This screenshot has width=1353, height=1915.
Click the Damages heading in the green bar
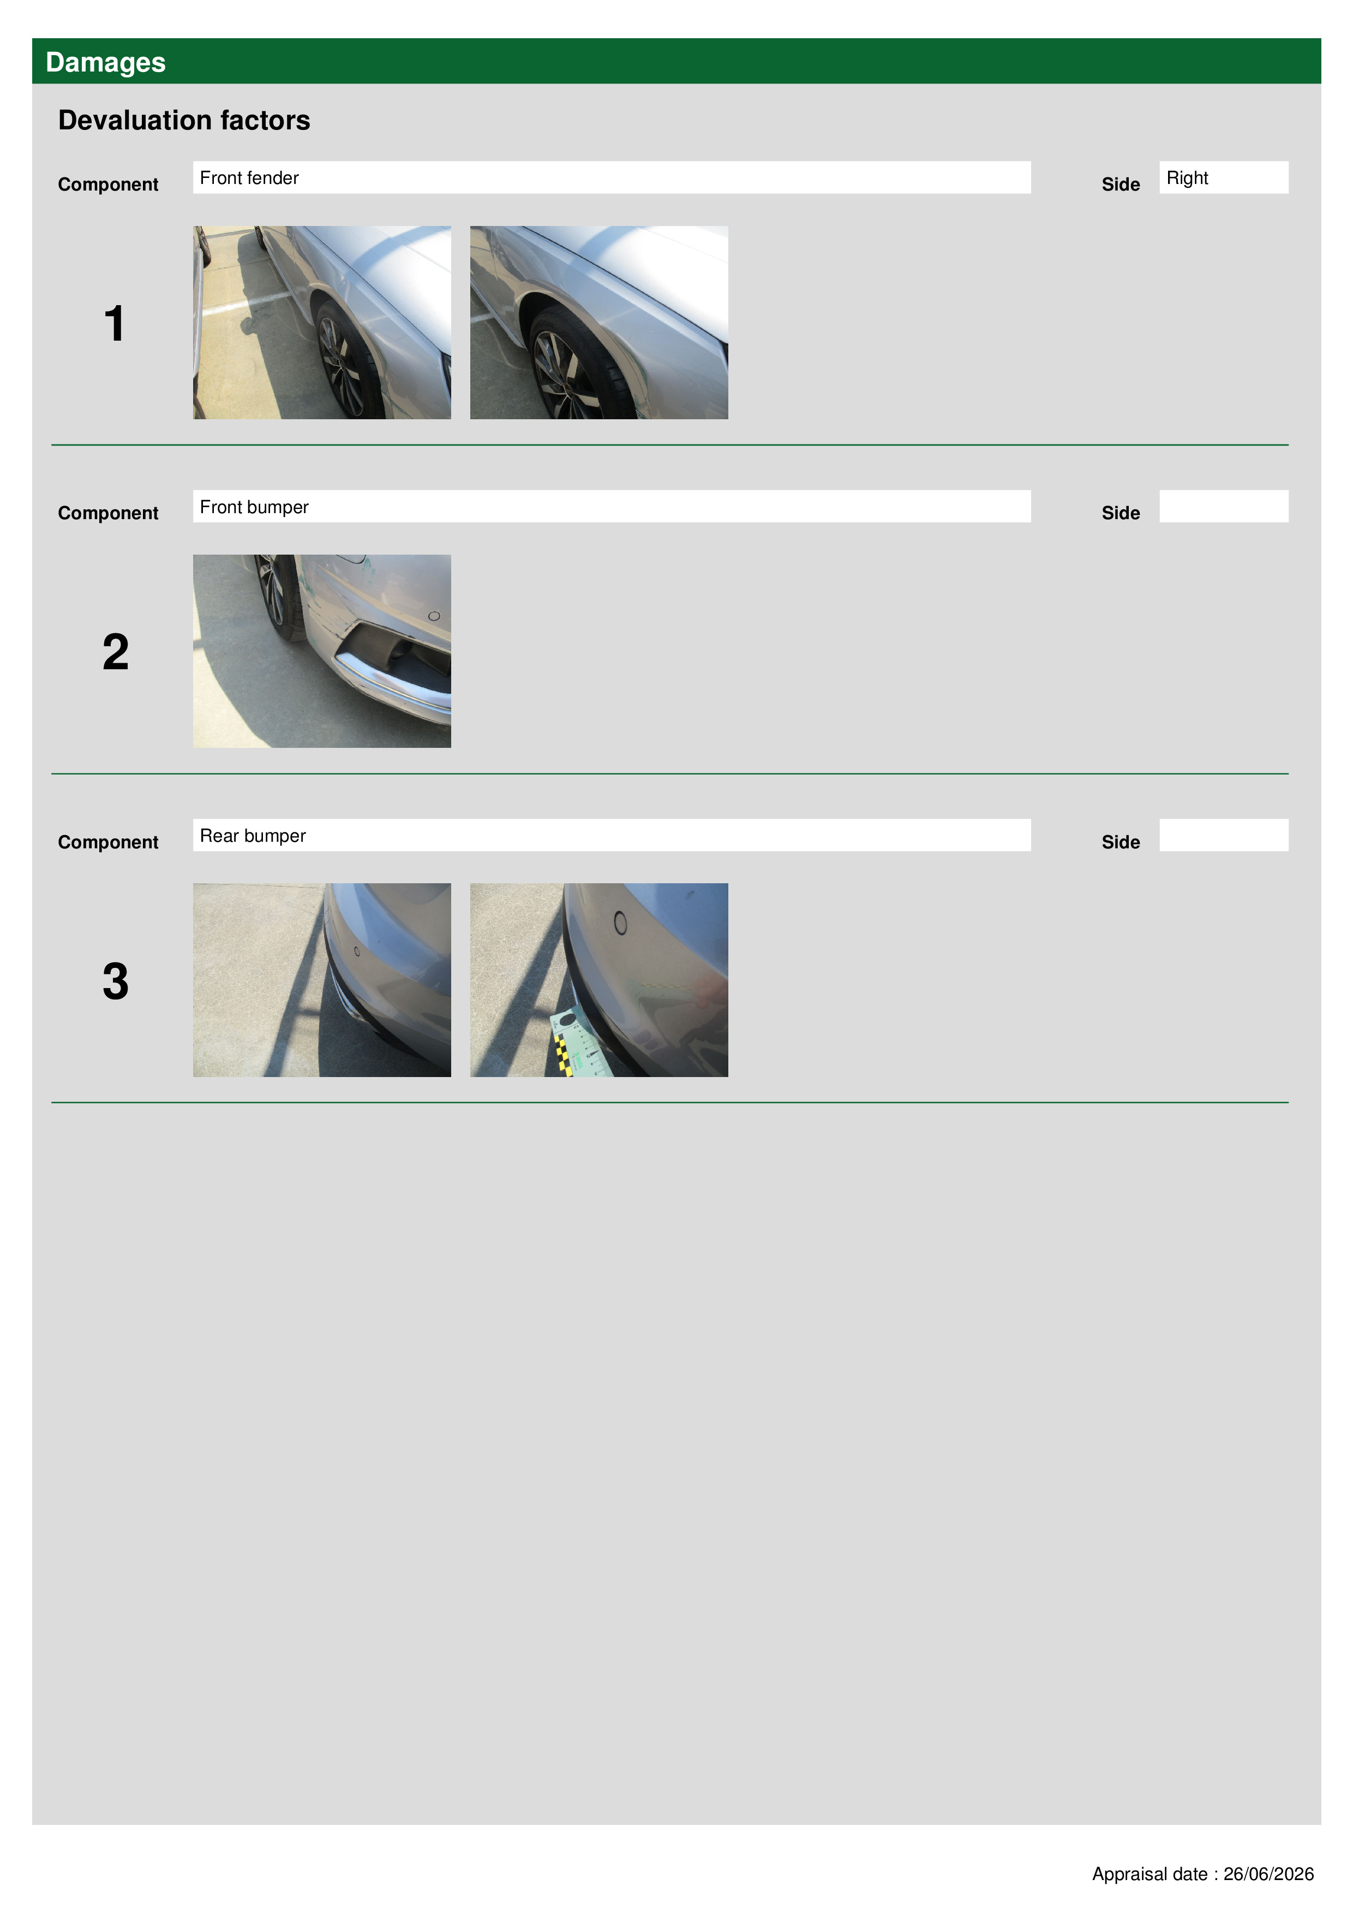[x=105, y=63]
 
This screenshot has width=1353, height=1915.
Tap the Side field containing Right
[x=1223, y=177]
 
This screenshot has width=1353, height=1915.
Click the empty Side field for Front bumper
[x=1223, y=506]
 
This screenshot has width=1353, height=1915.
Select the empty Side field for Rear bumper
[x=1223, y=835]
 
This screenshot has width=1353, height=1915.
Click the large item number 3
[x=115, y=981]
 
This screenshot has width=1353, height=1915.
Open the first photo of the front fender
[x=322, y=322]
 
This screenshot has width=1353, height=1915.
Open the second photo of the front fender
[x=598, y=322]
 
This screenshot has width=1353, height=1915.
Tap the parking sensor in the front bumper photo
[x=434, y=616]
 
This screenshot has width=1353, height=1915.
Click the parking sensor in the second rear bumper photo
[x=619, y=923]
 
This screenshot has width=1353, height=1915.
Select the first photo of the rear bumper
[x=322, y=980]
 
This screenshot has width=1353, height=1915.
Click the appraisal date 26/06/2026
[x=1268, y=1874]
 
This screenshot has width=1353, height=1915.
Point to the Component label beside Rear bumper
[x=107, y=842]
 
